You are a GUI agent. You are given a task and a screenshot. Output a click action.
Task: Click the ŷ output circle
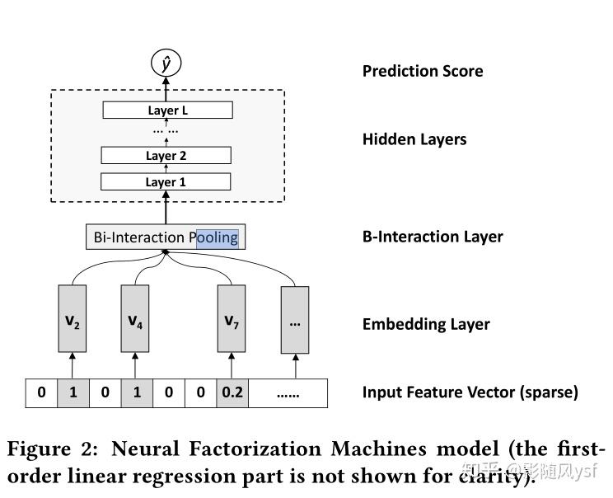pyautogui.click(x=166, y=63)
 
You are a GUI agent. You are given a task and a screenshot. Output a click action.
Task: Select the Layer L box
pyautogui.click(x=168, y=110)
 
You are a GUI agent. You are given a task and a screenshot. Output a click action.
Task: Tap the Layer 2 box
pyautogui.click(x=166, y=155)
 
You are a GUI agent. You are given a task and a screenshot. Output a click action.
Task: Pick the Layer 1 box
pyautogui.click(x=166, y=181)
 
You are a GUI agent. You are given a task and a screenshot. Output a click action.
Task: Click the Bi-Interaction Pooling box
pyautogui.click(x=166, y=237)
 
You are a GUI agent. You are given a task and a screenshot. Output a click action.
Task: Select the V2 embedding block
pyautogui.click(x=73, y=320)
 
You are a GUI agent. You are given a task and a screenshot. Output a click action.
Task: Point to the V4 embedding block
pyautogui.click(x=136, y=320)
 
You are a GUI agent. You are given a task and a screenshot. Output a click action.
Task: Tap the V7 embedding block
pyautogui.click(x=232, y=320)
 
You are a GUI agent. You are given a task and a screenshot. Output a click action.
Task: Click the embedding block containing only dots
pyautogui.click(x=294, y=320)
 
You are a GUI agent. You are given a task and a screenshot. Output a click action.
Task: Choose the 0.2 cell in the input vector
pyautogui.click(x=232, y=392)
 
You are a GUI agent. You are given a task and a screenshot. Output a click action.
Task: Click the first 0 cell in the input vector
pyautogui.click(x=41, y=392)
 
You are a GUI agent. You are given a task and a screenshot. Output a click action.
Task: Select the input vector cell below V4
pyautogui.click(x=137, y=392)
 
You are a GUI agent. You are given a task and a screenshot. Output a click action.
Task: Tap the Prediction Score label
pyautogui.click(x=423, y=71)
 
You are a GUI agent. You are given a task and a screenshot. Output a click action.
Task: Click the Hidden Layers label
pyautogui.click(x=414, y=139)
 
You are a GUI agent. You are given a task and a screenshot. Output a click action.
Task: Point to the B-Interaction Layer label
pyautogui.click(x=433, y=237)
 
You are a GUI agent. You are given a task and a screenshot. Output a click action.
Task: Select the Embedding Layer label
pyautogui.click(x=426, y=324)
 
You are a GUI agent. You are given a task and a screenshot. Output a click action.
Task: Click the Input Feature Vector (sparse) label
pyautogui.click(x=470, y=392)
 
